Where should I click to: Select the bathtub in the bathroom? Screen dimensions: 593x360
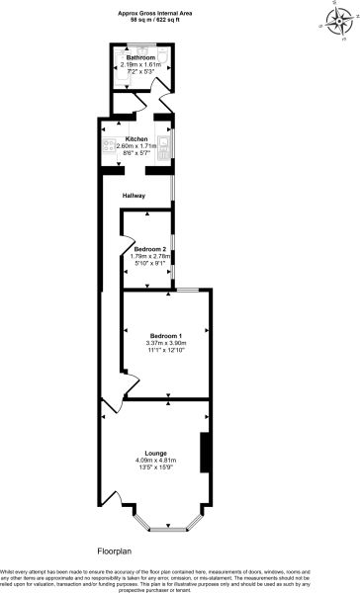139,80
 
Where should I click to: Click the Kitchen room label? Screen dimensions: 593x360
136,138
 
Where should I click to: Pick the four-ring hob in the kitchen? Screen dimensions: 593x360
108,145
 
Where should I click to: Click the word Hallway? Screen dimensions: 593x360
134,196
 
